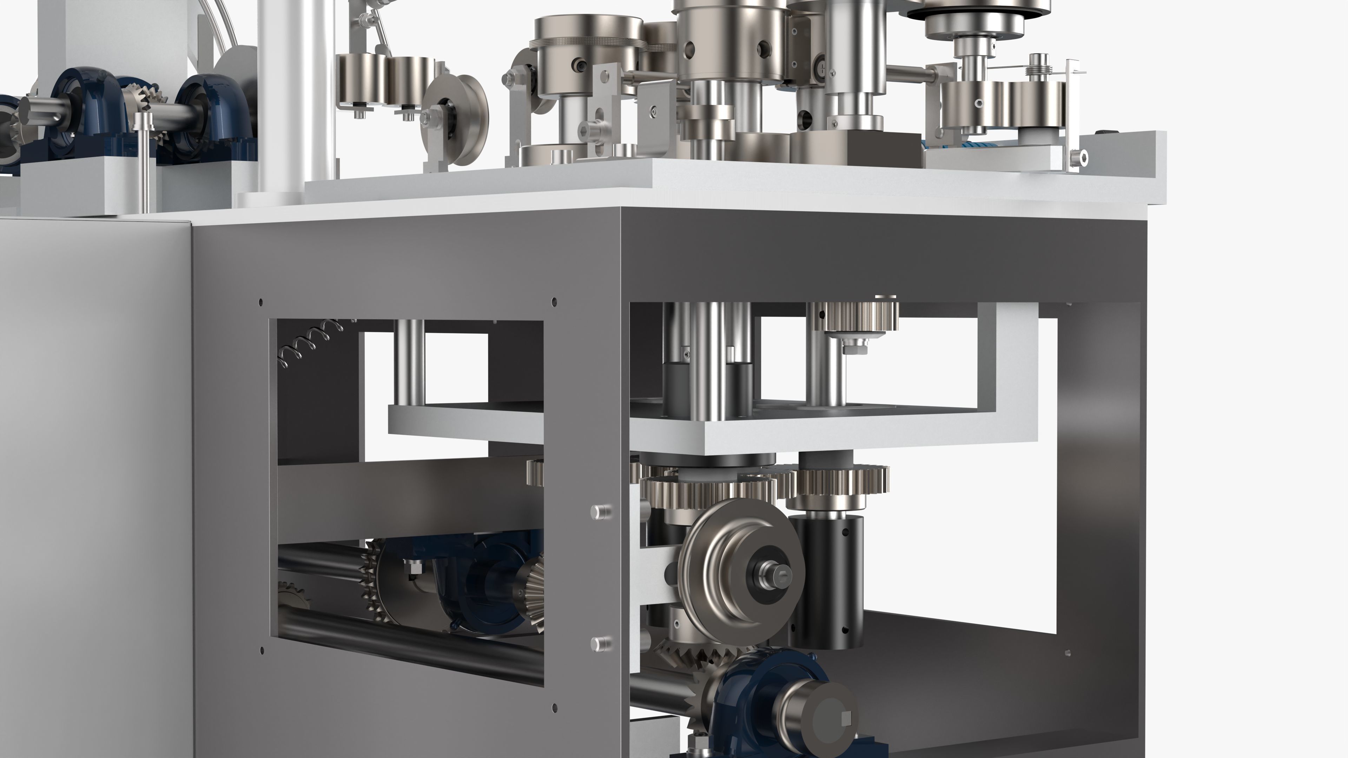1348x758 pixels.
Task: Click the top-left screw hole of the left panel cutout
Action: click(x=260, y=302)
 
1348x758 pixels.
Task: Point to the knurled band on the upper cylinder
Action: click(x=586, y=45)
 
